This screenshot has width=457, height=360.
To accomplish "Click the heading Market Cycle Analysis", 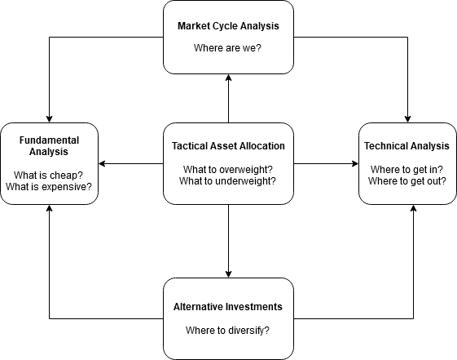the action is pyautogui.click(x=228, y=26).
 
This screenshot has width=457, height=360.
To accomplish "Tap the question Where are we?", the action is pyautogui.click(x=227, y=48).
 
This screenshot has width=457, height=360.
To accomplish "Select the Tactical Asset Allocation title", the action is pyautogui.click(x=228, y=145).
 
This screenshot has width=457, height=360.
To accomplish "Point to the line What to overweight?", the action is pyautogui.click(x=227, y=169).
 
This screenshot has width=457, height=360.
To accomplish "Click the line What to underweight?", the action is pyautogui.click(x=227, y=181).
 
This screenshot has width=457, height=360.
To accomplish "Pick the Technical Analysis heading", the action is pyautogui.click(x=406, y=145).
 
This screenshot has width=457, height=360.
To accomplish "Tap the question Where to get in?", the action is pyautogui.click(x=406, y=169).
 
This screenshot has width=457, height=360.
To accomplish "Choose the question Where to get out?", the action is pyautogui.click(x=406, y=181).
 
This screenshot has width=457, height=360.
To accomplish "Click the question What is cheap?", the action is pyautogui.click(x=48, y=176).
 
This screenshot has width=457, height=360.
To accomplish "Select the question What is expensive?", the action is pyautogui.click(x=49, y=187).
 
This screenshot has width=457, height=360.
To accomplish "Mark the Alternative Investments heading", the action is pyautogui.click(x=228, y=307).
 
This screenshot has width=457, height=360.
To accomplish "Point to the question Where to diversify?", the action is pyautogui.click(x=227, y=331).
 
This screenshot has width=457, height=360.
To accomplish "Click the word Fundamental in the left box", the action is pyautogui.click(x=49, y=140).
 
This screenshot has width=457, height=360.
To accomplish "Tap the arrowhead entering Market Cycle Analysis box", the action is pyautogui.click(x=228, y=78).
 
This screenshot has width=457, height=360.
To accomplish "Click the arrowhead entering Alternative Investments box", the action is pyautogui.click(x=228, y=274).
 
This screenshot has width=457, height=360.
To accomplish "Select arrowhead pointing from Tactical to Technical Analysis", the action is pyautogui.click(x=355, y=163).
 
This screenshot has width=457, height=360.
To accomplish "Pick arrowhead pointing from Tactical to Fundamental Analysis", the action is pyautogui.click(x=102, y=163).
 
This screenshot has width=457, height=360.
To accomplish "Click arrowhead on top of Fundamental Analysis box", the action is pyautogui.click(x=49, y=119).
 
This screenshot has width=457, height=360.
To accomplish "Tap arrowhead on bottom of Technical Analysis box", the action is pyautogui.click(x=413, y=208).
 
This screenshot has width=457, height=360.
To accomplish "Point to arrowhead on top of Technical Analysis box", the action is pyautogui.click(x=407, y=119).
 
